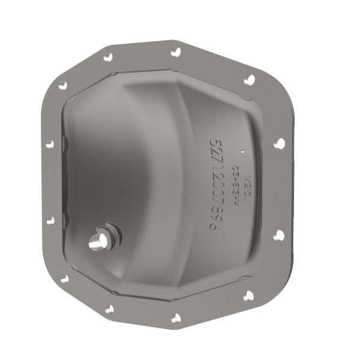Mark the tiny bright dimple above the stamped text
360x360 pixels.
point(241,149)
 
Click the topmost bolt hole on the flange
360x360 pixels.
point(176,52)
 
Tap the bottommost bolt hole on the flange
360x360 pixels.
point(176,318)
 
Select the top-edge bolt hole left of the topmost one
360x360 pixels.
point(108,56)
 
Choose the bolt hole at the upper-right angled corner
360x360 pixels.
point(250,79)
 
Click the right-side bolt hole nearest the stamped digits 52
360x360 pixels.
point(279,143)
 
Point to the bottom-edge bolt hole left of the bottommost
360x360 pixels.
point(109,310)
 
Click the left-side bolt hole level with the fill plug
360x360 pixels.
point(50,221)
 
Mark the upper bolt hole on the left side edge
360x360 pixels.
point(50,144)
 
